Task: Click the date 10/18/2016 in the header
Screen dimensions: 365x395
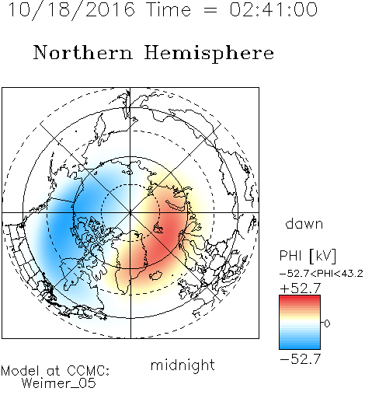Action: tap(71, 10)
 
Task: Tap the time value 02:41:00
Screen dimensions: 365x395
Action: tap(273, 9)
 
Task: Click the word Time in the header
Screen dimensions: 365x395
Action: tap(169, 9)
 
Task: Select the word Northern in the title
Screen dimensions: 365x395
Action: tap(83, 52)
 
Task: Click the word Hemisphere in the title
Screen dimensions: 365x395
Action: tap(209, 54)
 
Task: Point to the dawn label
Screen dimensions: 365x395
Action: tap(304, 223)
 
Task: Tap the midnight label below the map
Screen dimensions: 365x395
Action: tap(182, 365)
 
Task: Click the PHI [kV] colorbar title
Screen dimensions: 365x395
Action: tap(308, 256)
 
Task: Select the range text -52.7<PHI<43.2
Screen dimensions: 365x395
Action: tap(322, 274)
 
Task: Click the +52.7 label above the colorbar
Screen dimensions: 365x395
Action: tap(301, 288)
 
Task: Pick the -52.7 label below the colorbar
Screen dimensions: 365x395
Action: tap(301, 359)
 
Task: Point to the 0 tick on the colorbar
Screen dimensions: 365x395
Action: tap(327, 323)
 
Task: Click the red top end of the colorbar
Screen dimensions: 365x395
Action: tap(300, 298)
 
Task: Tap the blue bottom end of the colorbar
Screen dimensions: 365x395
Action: tap(300, 347)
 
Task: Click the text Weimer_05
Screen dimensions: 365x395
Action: tap(59, 383)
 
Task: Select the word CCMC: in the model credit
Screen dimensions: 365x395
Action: tap(89, 371)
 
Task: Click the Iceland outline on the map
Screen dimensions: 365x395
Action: tap(156, 275)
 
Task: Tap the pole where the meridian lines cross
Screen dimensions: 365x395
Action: tap(130, 212)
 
